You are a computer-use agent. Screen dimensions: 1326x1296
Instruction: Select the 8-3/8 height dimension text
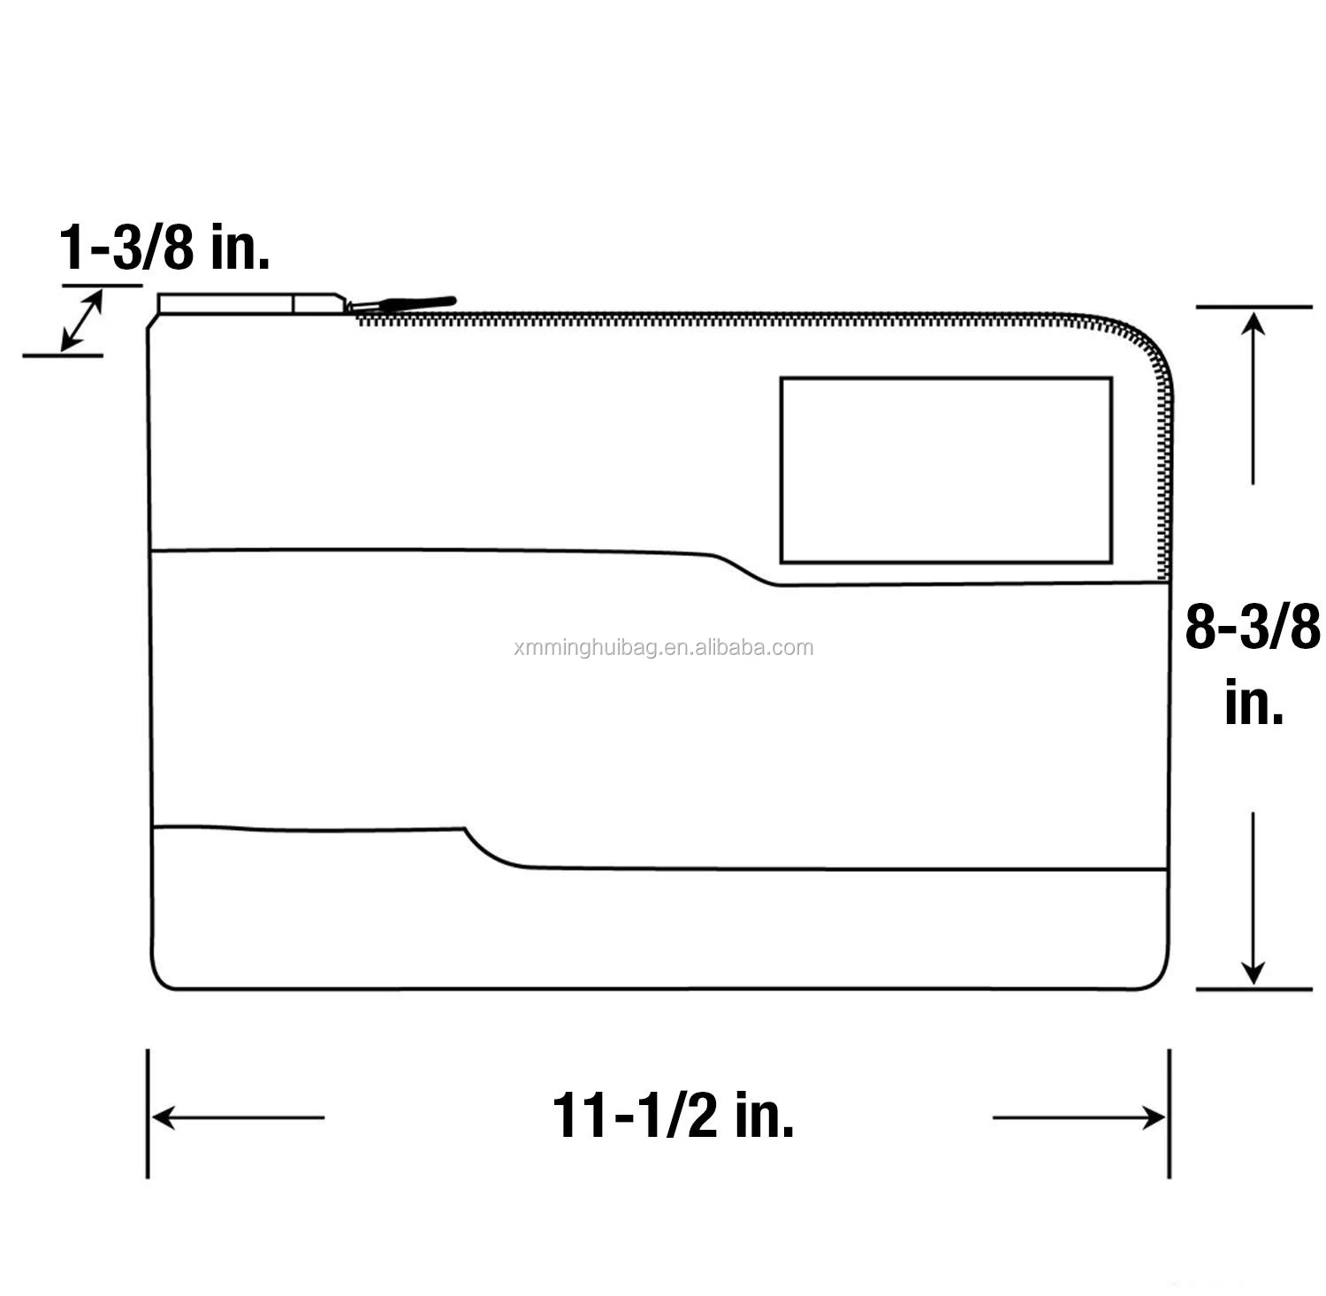click(x=1252, y=627)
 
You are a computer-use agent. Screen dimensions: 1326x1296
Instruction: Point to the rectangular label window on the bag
click(x=946, y=470)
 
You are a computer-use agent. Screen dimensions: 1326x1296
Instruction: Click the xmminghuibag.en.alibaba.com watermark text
click(x=663, y=648)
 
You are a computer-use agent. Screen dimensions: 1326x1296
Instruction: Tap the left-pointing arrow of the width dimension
click(x=238, y=1117)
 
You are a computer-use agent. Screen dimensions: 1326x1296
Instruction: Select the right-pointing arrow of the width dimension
click(x=1078, y=1117)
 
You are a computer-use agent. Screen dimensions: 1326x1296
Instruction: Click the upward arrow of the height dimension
click(x=1253, y=399)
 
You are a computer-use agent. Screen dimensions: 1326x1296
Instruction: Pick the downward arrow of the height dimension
click(x=1253, y=897)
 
